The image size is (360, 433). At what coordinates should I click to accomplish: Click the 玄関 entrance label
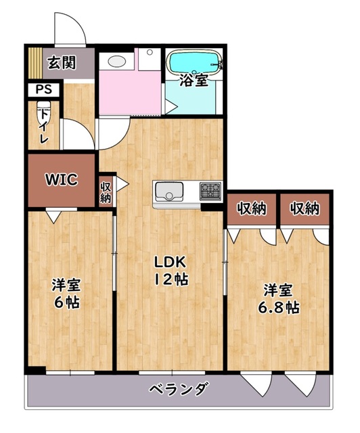62,63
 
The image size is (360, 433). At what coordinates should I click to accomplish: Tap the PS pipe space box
44,89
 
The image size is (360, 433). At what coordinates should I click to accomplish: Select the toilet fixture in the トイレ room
44,112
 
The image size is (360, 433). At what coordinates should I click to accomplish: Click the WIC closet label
62,180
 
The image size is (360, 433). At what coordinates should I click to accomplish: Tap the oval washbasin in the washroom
117,61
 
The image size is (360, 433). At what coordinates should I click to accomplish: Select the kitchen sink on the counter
169,191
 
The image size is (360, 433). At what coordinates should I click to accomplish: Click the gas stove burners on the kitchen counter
210,190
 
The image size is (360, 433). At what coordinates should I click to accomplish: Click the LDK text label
170,263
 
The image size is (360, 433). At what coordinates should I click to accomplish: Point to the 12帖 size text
171,279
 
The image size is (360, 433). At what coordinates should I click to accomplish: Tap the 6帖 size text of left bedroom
67,302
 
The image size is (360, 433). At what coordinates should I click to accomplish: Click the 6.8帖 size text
279,307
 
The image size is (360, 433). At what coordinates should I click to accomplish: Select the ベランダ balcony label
178,390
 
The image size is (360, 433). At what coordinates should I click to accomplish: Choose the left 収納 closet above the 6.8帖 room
252,208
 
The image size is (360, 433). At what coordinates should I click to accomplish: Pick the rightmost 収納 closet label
305,208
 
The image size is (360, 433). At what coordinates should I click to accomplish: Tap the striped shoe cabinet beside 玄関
35,63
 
